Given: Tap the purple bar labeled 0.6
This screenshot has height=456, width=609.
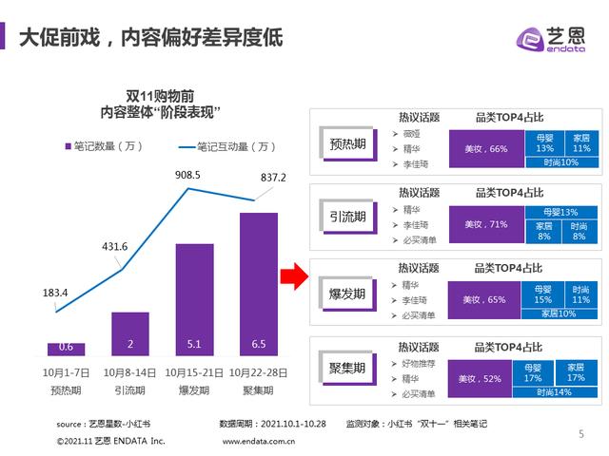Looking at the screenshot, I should pos(66,348).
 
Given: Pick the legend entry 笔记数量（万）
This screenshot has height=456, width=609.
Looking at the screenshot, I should pos(106,146).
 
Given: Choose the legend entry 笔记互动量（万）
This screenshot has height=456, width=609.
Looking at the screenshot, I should pos(227,146).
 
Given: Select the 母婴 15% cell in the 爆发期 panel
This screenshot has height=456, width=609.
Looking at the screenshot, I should pos(543,294).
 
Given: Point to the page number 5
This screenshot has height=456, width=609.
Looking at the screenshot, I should pos(581,434).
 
